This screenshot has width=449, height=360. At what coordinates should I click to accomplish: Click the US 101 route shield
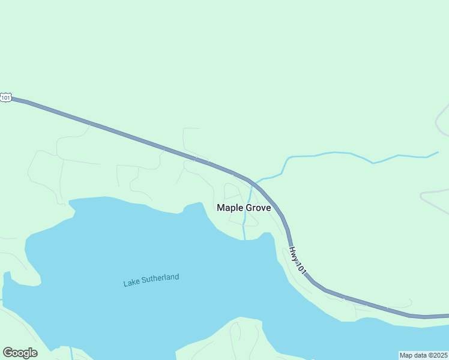pyautogui.click(x=5, y=97)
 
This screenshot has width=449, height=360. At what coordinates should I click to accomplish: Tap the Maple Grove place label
pyautogui.click(x=244, y=208)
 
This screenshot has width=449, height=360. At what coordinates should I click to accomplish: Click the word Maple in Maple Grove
pyautogui.click(x=229, y=208)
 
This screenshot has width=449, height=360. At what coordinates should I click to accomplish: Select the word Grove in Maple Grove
pyautogui.click(x=258, y=208)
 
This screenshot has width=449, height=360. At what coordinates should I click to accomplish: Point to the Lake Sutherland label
pyautogui.click(x=151, y=280)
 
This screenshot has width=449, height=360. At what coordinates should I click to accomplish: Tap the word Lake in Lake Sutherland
pyautogui.click(x=131, y=283)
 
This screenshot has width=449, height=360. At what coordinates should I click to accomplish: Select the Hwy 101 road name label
pyautogui.click(x=298, y=261)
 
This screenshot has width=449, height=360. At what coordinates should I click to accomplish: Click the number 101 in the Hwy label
pyautogui.click(x=301, y=268)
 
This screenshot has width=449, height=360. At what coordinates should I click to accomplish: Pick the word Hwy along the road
pyautogui.click(x=294, y=253)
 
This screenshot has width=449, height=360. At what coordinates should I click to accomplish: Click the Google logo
pyautogui.click(x=20, y=353)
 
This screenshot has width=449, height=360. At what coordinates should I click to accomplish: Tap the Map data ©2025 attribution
pyautogui.click(x=423, y=355)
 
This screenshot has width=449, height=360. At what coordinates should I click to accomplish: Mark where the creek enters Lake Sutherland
pyautogui.click(x=245, y=239)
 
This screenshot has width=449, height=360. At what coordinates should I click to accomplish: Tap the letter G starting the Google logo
pyautogui.click(x=7, y=353)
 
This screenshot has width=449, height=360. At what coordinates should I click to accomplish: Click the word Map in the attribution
pyautogui.click(x=406, y=355)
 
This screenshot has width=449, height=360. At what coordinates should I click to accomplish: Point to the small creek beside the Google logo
pyautogui.click(x=71, y=353)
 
